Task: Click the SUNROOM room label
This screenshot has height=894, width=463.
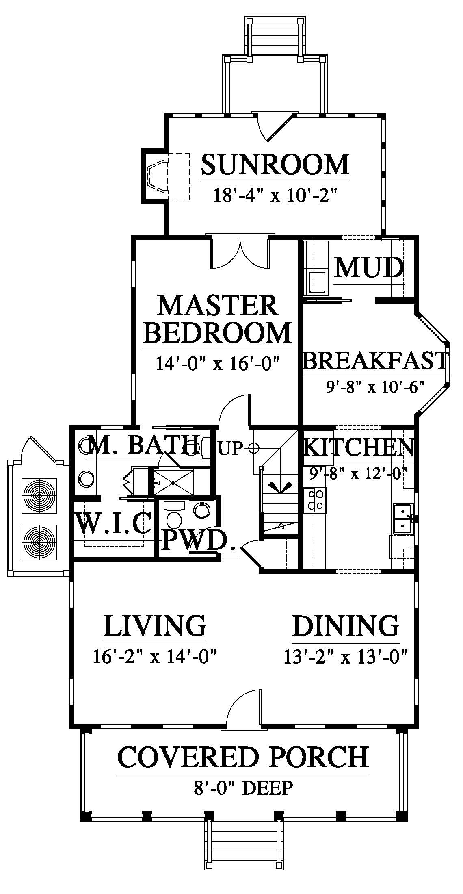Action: click(x=275, y=164)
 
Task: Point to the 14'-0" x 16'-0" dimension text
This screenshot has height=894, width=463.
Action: click(x=218, y=363)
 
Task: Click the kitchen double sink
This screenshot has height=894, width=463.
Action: click(x=403, y=520)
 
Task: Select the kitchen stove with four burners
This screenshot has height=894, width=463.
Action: click(x=315, y=500)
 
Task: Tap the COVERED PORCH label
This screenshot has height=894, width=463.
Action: click(x=243, y=756)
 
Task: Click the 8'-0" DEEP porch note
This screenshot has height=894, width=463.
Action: click(x=243, y=788)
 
